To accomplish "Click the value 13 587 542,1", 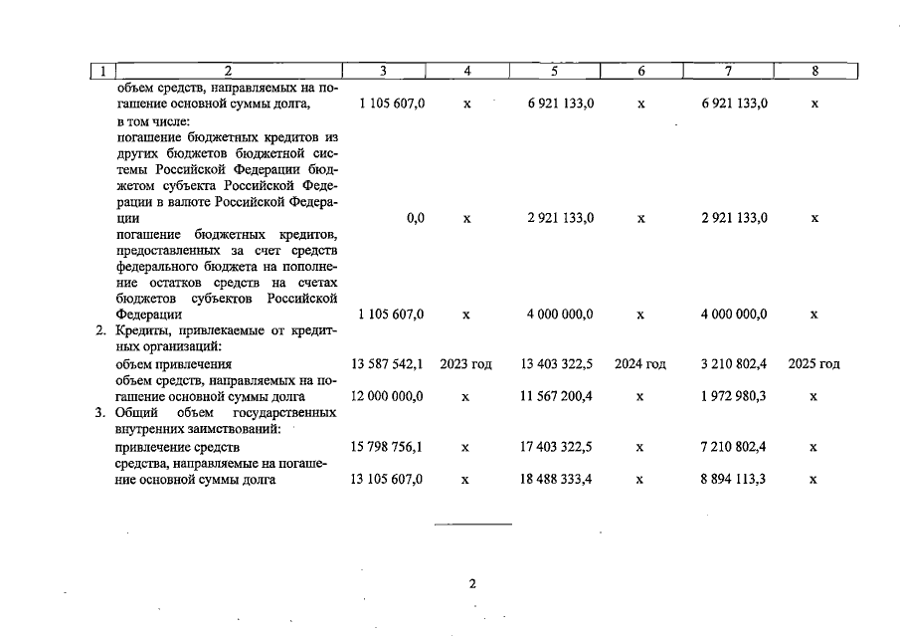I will [x=387, y=364].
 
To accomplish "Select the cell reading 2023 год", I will [x=466, y=364].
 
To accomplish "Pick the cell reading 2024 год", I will [x=640, y=364].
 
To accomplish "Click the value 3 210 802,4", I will [x=733, y=364].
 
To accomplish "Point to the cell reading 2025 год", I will [x=813, y=364].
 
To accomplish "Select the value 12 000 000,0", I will [x=387, y=396].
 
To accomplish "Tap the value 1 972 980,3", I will [x=733, y=396].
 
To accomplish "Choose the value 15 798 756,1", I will [x=387, y=448].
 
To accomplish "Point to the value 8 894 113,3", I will [x=733, y=480].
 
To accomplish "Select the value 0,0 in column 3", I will [x=416, y=218].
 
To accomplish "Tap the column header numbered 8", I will [x=814, y=71].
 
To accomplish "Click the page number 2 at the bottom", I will [x=472, y=584].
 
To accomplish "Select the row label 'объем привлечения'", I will [x=167, y=364].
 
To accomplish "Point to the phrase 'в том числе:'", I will [x=151, y=120].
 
